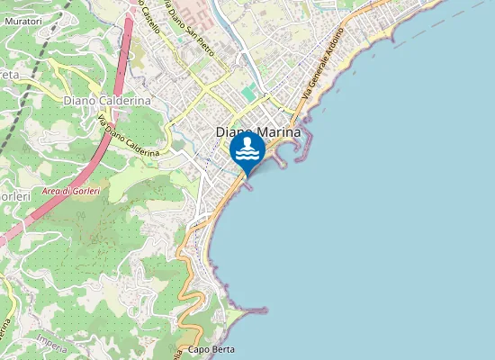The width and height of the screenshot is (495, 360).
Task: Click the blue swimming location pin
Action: tap(247, 149)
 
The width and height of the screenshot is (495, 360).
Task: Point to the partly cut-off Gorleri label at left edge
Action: tap(14, 196)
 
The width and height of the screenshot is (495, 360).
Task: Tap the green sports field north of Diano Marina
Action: tap(248, 94)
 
